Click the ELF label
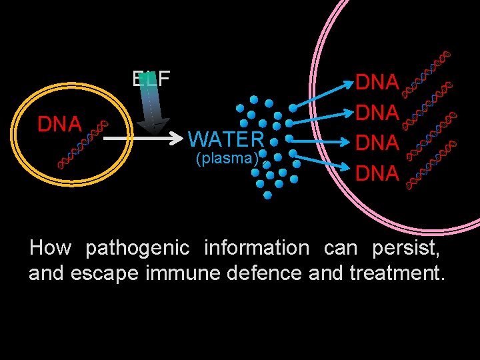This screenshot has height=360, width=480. tap(151, 79)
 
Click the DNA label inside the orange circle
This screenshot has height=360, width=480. tap(59, 124)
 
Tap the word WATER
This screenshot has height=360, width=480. tap(226, 140)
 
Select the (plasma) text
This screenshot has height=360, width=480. tap(226, 158)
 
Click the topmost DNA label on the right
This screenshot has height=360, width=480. tap(377, 83)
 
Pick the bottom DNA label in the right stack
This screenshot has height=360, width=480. tap(377, 174)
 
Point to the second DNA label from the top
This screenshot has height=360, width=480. tap(377, 113)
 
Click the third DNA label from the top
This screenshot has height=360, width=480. tap(377, 143)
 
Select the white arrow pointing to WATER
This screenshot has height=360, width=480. tap(143, 140)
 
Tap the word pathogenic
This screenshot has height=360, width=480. tap(137, 248)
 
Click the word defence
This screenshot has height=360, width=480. tap(267, 273)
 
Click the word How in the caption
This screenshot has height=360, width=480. tap(50, 248)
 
